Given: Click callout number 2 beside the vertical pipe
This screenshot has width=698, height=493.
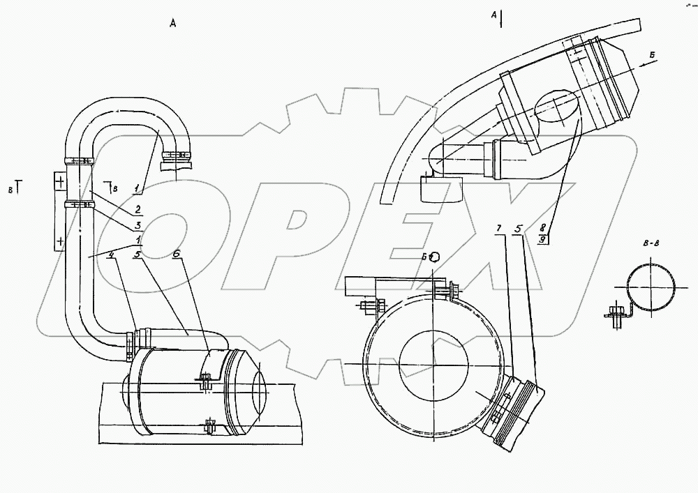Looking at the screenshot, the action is [138, 209].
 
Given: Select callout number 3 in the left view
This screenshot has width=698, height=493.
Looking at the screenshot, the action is [138, 225].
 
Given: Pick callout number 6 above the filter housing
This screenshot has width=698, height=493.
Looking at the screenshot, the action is [177, 256].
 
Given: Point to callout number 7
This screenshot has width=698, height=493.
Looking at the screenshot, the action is [498, 229].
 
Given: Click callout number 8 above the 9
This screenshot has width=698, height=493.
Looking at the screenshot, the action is [543, 228].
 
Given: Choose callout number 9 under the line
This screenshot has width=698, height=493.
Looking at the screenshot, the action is [543, 239].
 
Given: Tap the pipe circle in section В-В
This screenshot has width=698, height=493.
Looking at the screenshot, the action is [651, 290].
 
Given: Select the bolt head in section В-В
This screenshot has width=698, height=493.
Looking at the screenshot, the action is [616, 312].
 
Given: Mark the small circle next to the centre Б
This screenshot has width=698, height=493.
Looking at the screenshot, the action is [434, 256].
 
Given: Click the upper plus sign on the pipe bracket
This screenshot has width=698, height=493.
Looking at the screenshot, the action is [59, 183].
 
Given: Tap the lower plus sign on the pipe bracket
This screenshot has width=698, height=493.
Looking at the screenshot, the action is [59, 241].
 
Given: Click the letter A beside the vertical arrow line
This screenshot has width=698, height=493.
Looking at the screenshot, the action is [493, 14].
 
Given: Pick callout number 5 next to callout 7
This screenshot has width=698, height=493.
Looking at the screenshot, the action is [518, 229].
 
